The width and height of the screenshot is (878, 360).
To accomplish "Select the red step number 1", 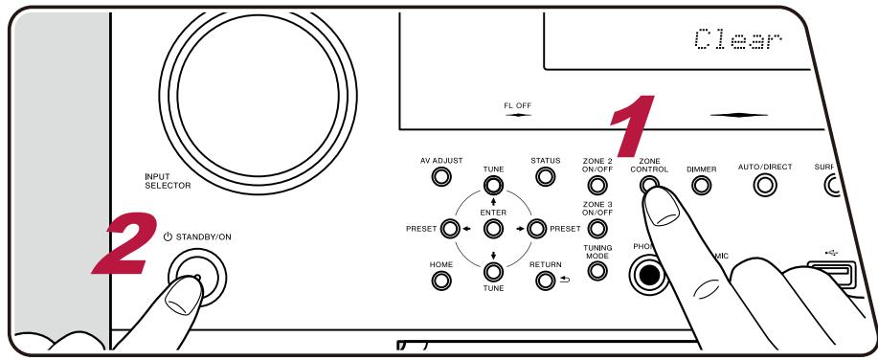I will [x=633, y=128].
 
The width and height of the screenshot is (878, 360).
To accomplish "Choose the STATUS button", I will [x=546, y=177].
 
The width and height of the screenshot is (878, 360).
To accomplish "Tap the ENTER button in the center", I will [x=493, y=229].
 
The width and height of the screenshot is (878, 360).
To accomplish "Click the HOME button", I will [x=441, y=281].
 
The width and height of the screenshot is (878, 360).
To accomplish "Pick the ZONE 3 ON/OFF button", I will [x=597, y=230].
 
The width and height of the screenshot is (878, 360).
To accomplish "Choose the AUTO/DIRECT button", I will [x=765, y=185].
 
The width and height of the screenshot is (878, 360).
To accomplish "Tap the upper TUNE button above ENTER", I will [x=493, y=184].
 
